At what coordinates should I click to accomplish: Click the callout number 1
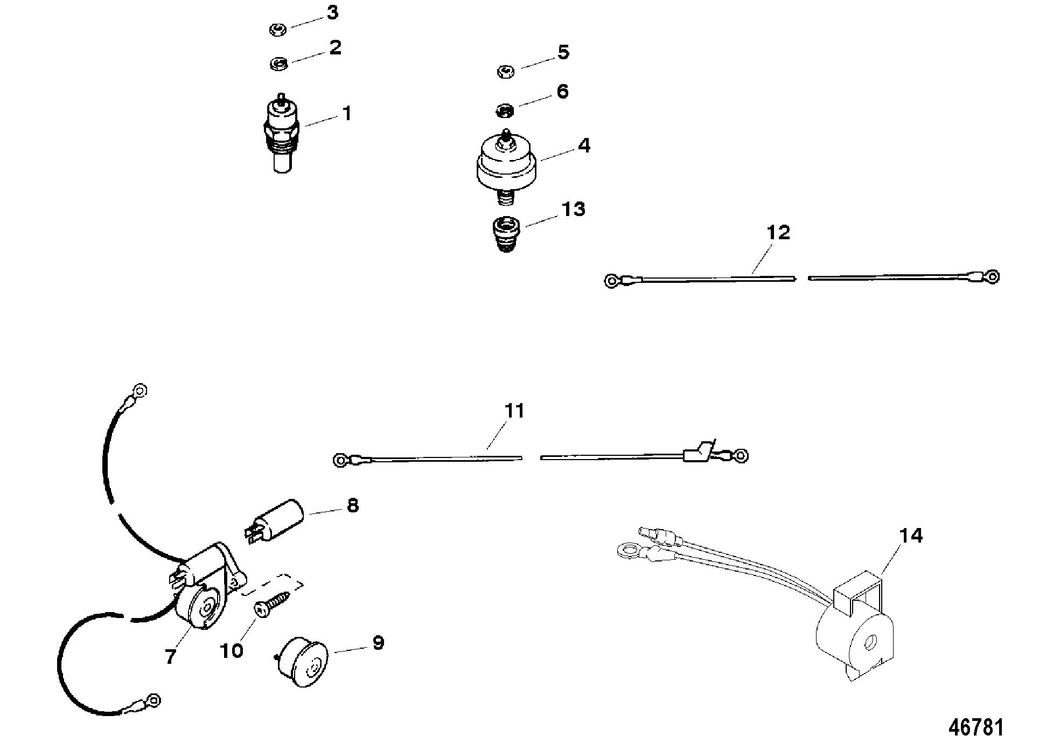click(347, 114)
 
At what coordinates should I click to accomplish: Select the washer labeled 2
click(278, 64)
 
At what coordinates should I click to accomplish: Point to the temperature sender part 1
click(281, 135)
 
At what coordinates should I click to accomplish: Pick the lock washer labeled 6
click(504, 111)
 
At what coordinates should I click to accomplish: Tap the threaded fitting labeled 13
click(505, 234)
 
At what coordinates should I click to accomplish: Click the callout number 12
click(778, 233)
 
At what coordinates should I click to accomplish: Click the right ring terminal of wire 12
click(992, 277)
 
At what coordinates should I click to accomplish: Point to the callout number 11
click(514, 411)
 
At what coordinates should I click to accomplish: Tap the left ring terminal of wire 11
click(340, 460)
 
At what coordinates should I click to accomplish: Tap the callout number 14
click(910, 536)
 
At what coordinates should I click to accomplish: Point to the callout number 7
click(170, 656)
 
